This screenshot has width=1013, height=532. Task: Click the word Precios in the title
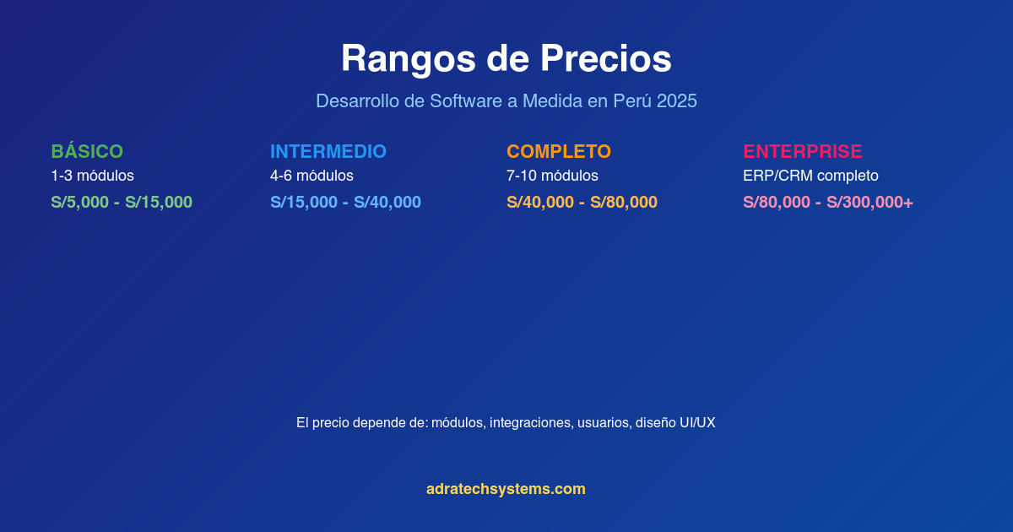pyautogui.click(x=605, y=59)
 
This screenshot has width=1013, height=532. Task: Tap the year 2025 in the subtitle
pyautogui.click(x=676, y=101)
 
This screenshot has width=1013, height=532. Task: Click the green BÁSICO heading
pyautogui.click(x=87, y=152)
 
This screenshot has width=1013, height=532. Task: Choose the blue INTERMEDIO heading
pyautogui.click(x=328, y=152)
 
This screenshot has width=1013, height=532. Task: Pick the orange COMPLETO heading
pyautogui.click(x=559, y=152)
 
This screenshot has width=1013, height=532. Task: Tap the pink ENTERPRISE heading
pyautogui.click(x=803, y=152)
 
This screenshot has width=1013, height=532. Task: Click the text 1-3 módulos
pyautogui.click(x=93, y=176)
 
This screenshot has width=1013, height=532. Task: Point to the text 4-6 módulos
pyautogui.click(x=312, y=176)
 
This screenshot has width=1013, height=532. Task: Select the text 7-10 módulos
pyautogui.click(x=552, y=176)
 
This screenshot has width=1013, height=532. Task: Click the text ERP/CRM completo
pyautogui.click(x=810, y=176)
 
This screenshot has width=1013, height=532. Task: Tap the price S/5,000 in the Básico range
pyautogui.click(x=79, y=203)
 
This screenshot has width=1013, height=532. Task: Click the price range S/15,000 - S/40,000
pyautogui.click(x=345, y=203)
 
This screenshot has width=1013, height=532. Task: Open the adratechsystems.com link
pyautogui.click(x=506, y=489)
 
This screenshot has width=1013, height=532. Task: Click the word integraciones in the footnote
pyautogui.click(x=529, y=423)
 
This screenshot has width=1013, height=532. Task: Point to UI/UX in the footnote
pyautogui.click(x=697, y=423)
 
